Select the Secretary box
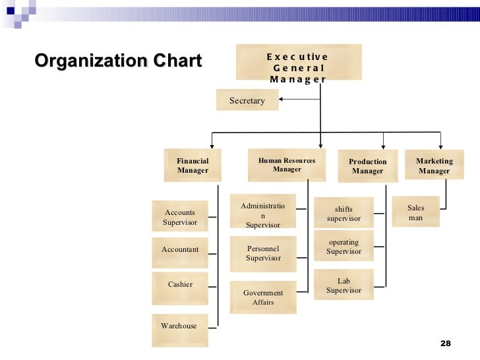pos(247,100)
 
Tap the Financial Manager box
pos(193,165)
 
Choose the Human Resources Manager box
pos(287,164)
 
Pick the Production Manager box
pos(367,165)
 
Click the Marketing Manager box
pos(434,165)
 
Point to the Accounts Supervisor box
pos(180,217)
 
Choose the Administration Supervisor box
pos(262,215)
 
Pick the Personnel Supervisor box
pos(262,254)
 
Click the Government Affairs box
pos(262,297)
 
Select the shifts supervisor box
pos(344,213)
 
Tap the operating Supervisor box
pos(344,247)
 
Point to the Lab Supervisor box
pos(344,285)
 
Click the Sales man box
pos(415,212)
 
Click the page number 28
pos(445,344)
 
